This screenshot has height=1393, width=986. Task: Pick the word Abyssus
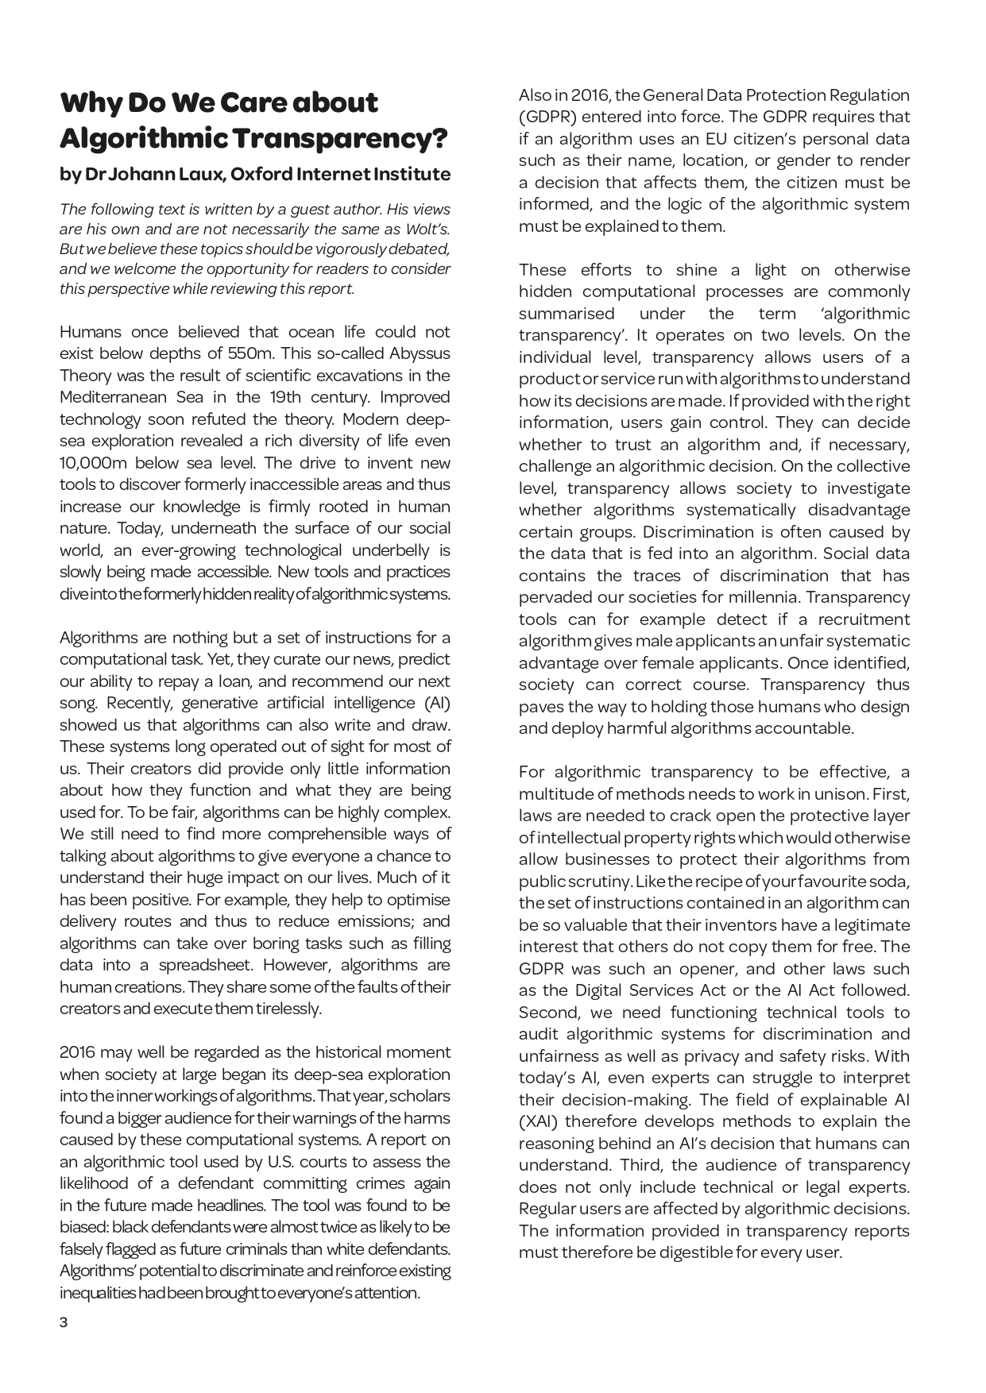(420, 353)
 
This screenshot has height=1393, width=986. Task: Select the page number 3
(64, 1322)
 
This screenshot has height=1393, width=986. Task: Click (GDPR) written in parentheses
(545, 117)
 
